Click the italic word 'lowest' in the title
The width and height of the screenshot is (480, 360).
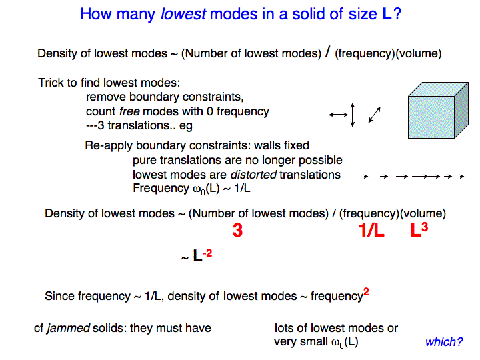[x=183, y=14]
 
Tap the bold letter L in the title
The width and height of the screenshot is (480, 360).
[x=387, y=14]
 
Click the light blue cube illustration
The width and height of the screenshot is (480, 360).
[x=438, y=110]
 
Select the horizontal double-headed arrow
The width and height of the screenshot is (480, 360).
[x=338, y=115]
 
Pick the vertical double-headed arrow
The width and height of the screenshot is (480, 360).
[x=353, y=115]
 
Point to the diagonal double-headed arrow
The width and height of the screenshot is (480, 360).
[x=375, y=115]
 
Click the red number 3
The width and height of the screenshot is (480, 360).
[x=237, y=230]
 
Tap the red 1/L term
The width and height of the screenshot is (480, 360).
[x=371, y=230]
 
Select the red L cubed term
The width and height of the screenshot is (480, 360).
[x=419, y=229]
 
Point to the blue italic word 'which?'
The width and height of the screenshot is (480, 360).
[x=444, y=342]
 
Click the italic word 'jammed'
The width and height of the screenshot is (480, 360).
[x=68, y=328]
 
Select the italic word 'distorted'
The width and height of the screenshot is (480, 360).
[x=253, y=175]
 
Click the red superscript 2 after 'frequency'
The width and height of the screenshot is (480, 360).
[x=366, y=291]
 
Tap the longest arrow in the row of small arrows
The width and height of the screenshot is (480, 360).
[x=426, y=176]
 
